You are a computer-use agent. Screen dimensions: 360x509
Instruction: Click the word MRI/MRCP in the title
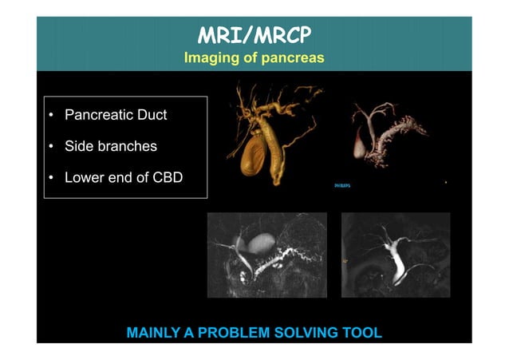(254, 36)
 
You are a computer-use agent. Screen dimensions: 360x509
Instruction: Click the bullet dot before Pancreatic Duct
(51, 116)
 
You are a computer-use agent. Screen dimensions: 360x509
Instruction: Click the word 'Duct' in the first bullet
(152, 115)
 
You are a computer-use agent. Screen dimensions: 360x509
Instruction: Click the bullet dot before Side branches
(51, 147)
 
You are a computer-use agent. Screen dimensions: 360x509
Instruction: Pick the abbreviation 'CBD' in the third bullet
(165, 177)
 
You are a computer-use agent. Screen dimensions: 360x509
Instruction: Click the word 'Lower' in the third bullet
(83, 177)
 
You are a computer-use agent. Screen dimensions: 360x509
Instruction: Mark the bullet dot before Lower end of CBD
(51, 178)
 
